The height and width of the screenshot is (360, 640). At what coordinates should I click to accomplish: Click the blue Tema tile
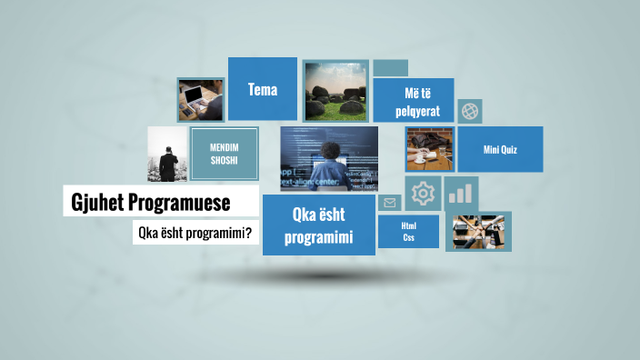point(262,89)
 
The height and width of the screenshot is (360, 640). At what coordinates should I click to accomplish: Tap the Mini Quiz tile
point(500,149)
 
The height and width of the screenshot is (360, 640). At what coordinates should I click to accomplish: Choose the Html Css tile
point(408,231)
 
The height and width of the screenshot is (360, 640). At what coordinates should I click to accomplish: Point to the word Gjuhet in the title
point(97,201)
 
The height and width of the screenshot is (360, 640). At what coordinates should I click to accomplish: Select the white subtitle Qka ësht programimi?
point(195,232)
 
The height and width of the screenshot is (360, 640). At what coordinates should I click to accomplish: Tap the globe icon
point(470,111)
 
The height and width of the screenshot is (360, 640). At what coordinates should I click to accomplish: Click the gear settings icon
point(423,193)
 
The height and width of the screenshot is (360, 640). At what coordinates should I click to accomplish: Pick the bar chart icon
point(462,192)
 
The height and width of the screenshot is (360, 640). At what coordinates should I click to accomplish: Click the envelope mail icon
point(390,203)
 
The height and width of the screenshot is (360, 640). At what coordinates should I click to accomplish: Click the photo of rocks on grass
point(335,91)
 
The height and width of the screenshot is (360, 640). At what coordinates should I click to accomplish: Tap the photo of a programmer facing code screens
point(329,158)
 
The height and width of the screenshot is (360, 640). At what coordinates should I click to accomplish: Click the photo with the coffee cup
point(429,150)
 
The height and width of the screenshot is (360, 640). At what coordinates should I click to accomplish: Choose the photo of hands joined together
point(478,230)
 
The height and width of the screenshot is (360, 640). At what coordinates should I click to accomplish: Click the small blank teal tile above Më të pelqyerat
point(390,68)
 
